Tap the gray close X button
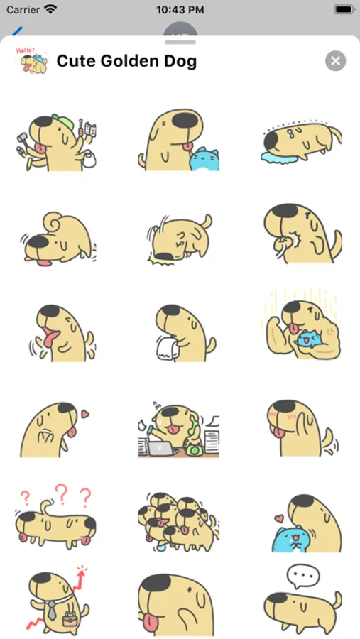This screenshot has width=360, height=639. pyautogui.click(x=336, y=61)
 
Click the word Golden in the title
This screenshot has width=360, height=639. pyautogui.click(x=126, y=61)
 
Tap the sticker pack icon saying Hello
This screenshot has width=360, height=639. pyautogui.click(x=31, y=61)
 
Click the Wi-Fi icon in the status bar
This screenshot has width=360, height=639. pyautogui.click(x=50, y=9)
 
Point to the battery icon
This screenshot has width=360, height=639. pyautogui.click(x=344, y=9)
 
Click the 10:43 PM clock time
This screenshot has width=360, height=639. pyautogui.click(x=180, y=10)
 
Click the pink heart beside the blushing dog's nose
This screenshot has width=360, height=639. pyautogui.click(x=84, y=414)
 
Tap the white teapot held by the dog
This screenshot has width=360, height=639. pyautogui.click(x=89, y=159)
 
